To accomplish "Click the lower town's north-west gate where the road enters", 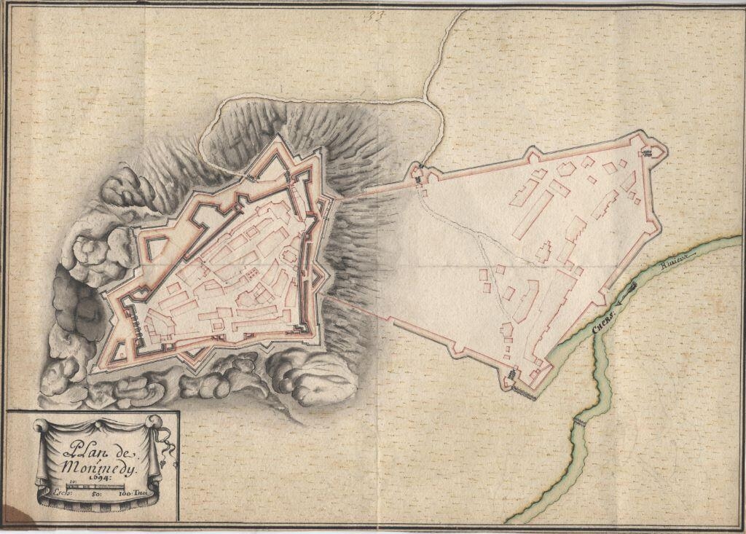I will tap(421, 176).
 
